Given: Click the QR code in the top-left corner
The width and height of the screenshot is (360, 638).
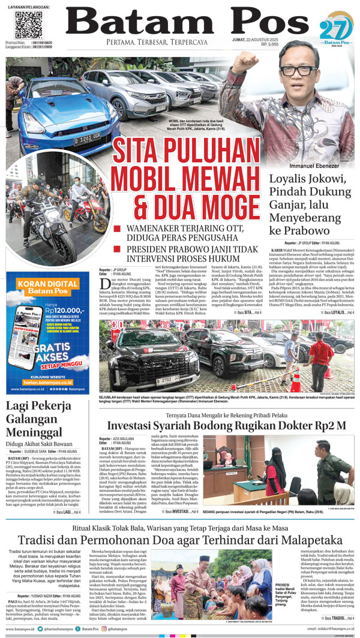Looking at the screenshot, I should click(x=28, y=26).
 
